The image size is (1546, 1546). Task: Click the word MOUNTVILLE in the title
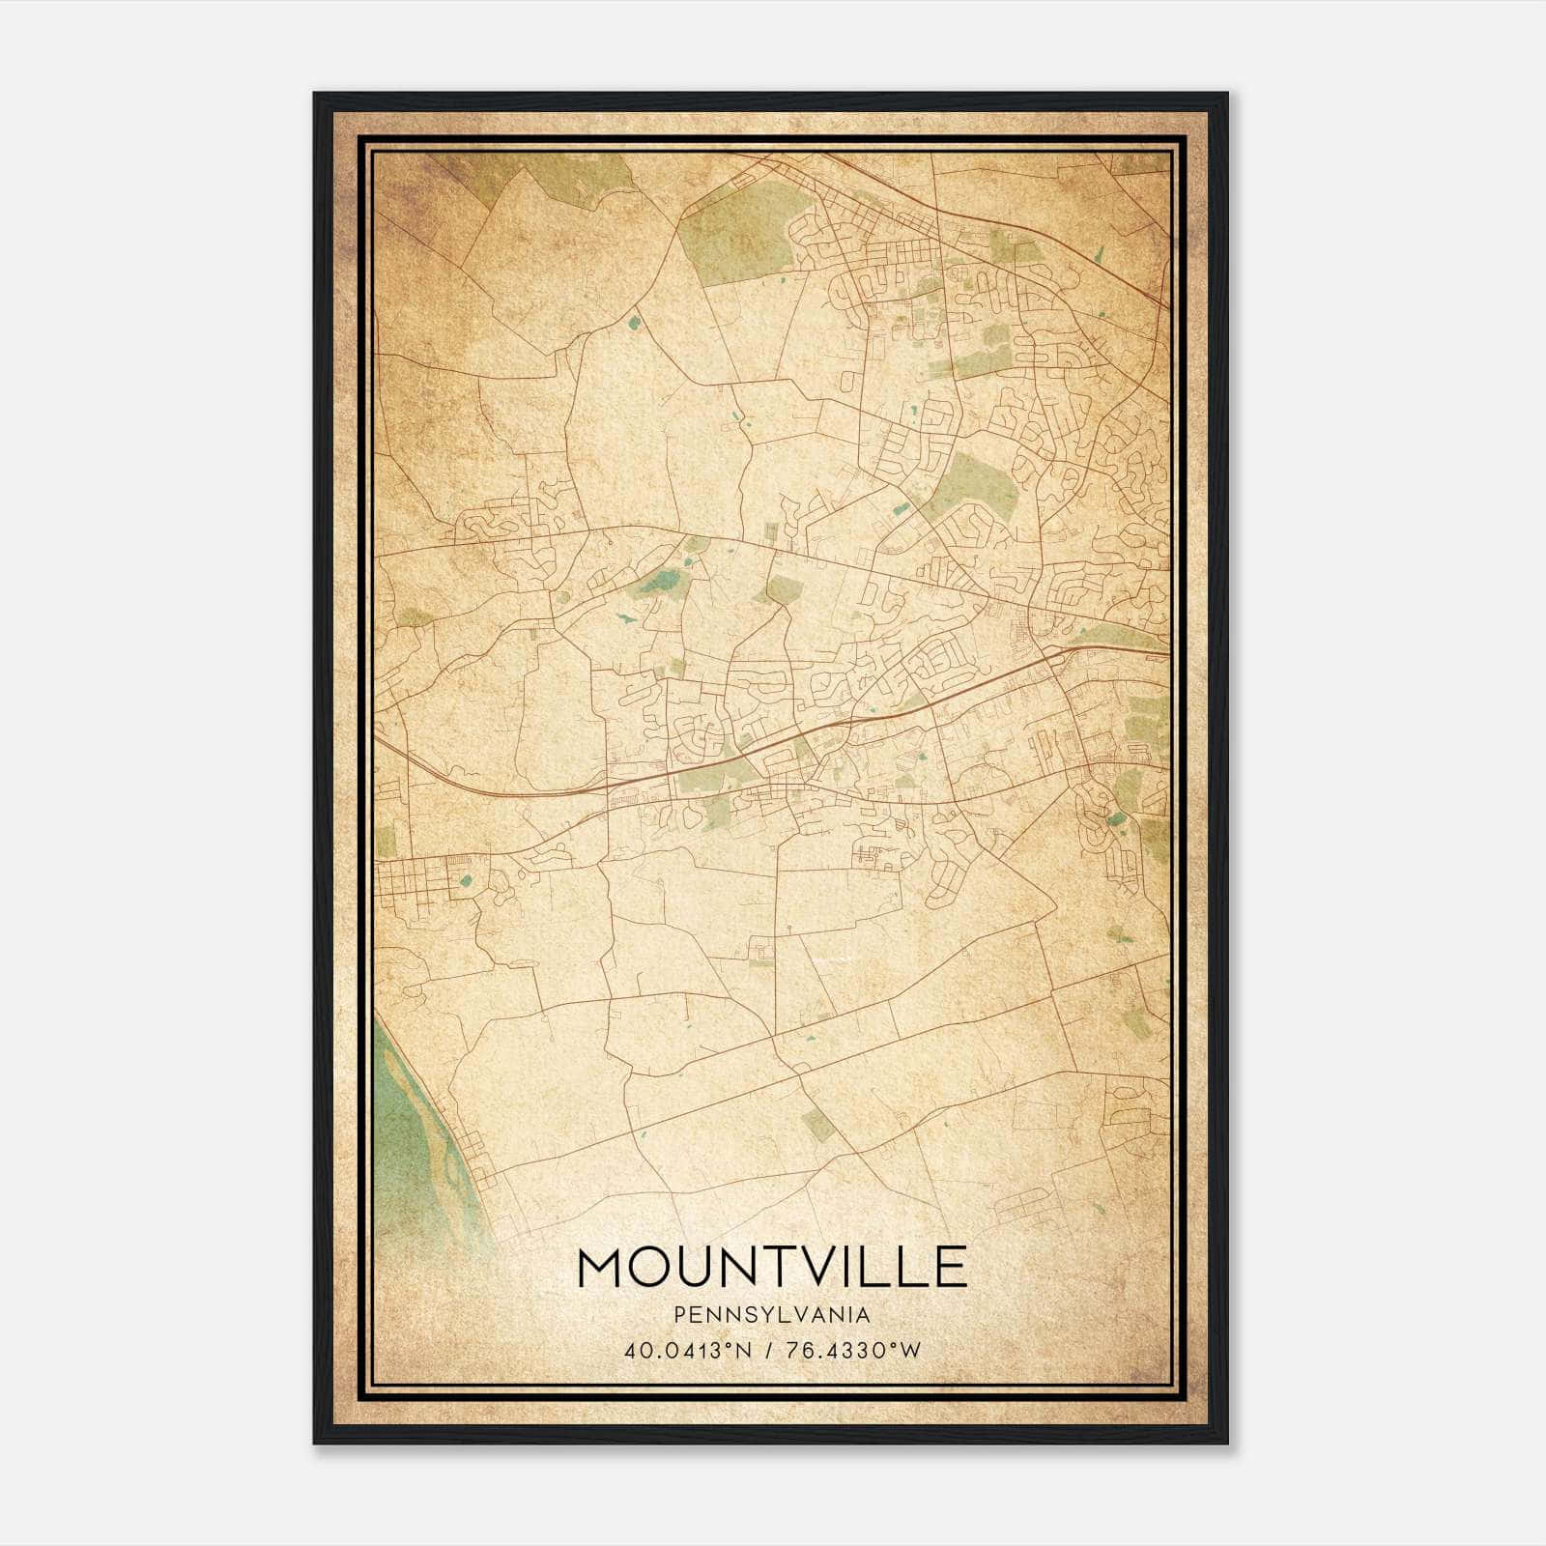pos(771,1268)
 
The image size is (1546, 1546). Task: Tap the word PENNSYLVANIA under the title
pos(771,1315)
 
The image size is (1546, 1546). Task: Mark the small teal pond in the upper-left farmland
pos(634,323)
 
